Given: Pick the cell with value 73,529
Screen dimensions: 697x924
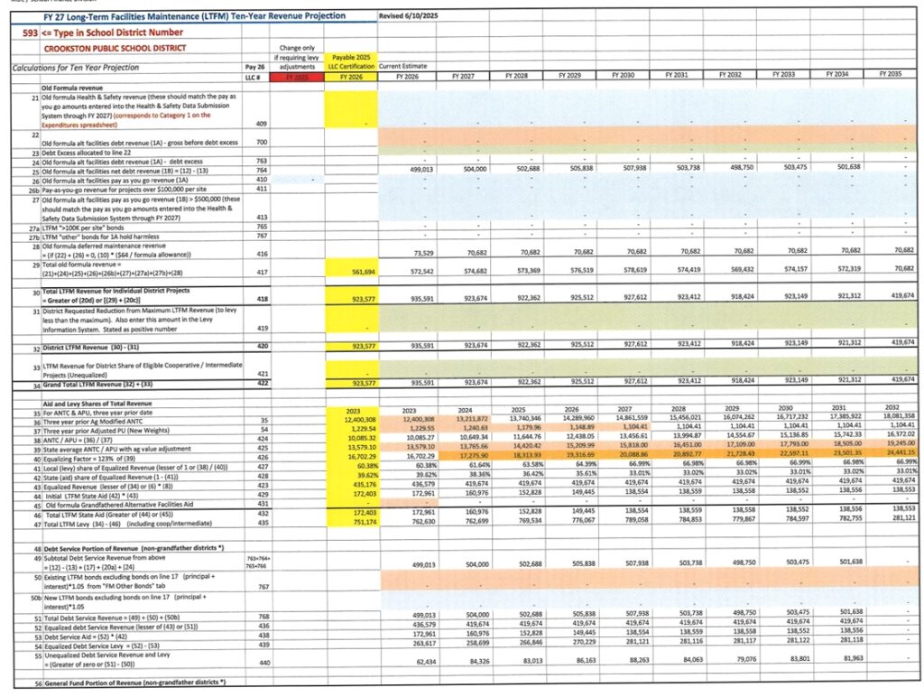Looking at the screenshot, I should tap(419, 255).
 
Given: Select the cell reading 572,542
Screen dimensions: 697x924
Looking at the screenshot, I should tap(417, 271).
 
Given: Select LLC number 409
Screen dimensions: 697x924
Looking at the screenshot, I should tap(262, 123).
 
